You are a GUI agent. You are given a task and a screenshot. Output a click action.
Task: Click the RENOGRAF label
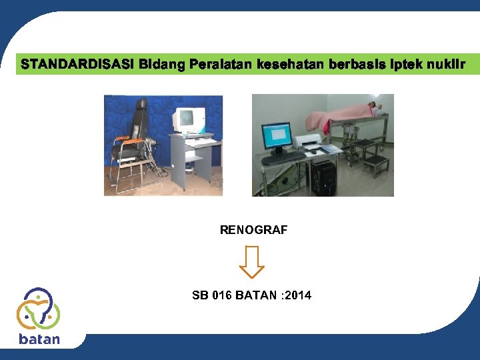(x=253, y=230)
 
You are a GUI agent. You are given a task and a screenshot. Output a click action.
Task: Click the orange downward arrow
(x=252, y=261)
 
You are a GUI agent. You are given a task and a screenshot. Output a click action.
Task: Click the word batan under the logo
(x=39, y=339)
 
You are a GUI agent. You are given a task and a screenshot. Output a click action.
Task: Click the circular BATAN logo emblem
(x=39, y=308)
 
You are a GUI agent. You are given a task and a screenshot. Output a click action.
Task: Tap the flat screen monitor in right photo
(x=277, y=135)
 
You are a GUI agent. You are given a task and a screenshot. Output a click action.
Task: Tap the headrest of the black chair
(x=141, y=106)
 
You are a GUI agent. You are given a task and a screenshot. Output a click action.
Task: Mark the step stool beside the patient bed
(x=376, y=163)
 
